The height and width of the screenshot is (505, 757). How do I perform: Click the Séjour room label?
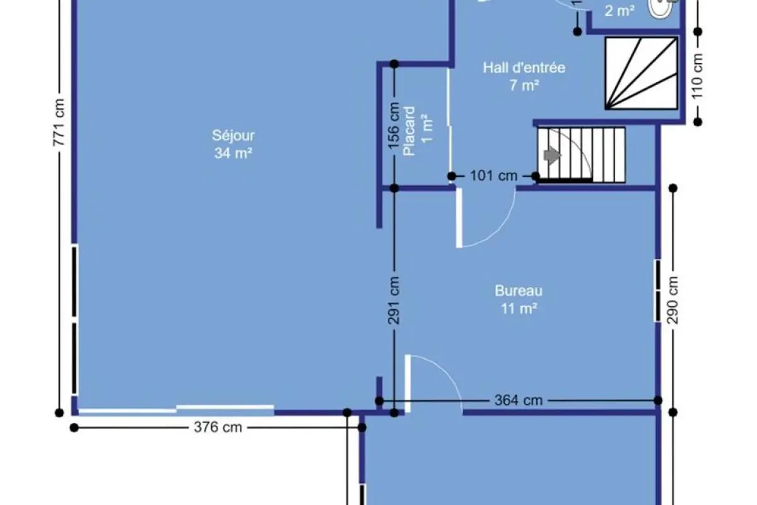tap(233, 136)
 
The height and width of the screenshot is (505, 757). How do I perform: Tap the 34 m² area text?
tap(233, 153)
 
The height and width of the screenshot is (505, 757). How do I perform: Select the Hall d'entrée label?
tap(524, 68)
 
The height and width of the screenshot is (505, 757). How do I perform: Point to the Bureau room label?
tap(519, 291)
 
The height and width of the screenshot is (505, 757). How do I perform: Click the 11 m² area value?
tap(519, 309)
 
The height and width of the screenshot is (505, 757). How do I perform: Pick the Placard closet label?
tap(409, 131)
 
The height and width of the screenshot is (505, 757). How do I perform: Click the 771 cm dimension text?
tap(59, 122)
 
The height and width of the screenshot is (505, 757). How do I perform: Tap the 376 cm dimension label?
tap(218, 427)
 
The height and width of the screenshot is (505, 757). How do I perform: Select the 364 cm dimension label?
tap(519, 400)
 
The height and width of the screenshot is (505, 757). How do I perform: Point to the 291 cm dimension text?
tap(394, 300)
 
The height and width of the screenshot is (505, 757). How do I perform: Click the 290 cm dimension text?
tap(672, 300)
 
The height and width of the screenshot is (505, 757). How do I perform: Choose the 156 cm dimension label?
tap(394, 126)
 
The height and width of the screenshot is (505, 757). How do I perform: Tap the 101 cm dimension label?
tap(494, 176)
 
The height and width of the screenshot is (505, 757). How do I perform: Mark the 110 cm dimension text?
tap(698, 76)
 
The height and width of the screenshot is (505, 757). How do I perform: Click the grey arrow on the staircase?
tap(552, 155)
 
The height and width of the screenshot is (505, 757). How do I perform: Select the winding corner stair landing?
tap(641, 73)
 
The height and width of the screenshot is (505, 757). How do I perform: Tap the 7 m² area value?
tap(524, 85)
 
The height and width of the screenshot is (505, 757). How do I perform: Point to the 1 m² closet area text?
tap(427, 129)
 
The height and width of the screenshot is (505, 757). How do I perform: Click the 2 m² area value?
tap(619, 11)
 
